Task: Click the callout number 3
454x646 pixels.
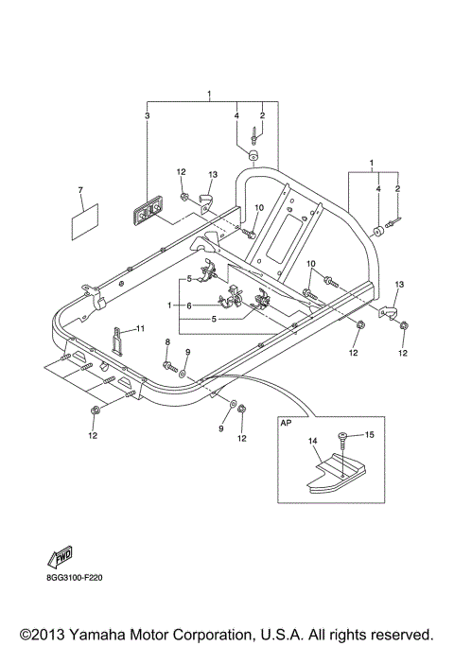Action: click(147, 115)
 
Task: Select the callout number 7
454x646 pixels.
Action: click(81, 189)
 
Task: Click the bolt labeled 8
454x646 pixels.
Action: click(167, 363)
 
